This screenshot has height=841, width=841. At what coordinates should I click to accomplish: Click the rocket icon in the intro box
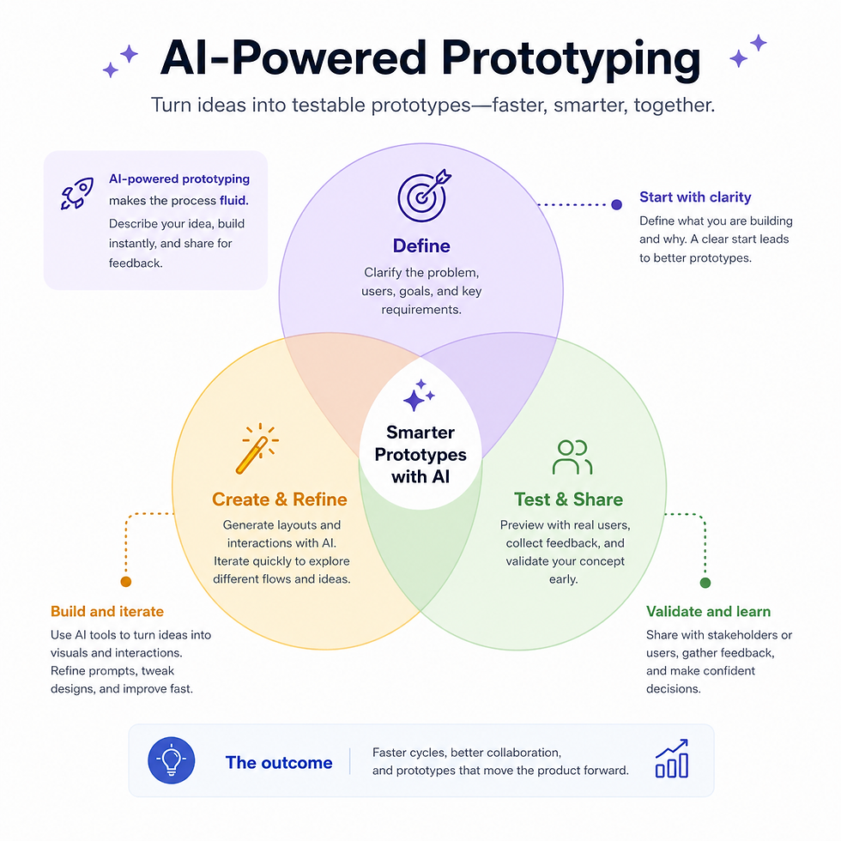77,193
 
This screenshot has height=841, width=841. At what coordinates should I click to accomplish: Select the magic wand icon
257,448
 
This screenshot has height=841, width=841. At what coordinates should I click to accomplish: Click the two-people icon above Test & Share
572,457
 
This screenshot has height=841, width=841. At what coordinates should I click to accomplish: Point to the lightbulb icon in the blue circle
171,760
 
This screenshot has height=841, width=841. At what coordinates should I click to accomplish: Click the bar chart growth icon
672,759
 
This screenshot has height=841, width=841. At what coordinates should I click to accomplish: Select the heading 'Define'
421,246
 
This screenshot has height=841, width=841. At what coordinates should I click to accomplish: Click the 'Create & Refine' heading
280,499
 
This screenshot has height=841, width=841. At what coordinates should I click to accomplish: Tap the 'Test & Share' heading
568,499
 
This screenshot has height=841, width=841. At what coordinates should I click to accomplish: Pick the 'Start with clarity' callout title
695,197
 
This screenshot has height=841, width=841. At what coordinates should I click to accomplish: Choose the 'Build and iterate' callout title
107,611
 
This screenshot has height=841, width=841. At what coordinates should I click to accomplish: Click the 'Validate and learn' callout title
709,611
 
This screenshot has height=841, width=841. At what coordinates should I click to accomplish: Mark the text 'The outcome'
279,763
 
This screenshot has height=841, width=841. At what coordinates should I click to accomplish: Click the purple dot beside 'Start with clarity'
617,204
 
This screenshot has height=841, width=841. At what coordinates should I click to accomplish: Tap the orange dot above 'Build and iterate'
126,582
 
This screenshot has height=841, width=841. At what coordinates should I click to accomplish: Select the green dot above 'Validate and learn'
705,583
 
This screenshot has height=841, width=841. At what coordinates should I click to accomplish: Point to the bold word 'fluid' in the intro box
233,201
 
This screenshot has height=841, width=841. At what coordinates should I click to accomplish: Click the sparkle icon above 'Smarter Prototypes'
419,396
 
